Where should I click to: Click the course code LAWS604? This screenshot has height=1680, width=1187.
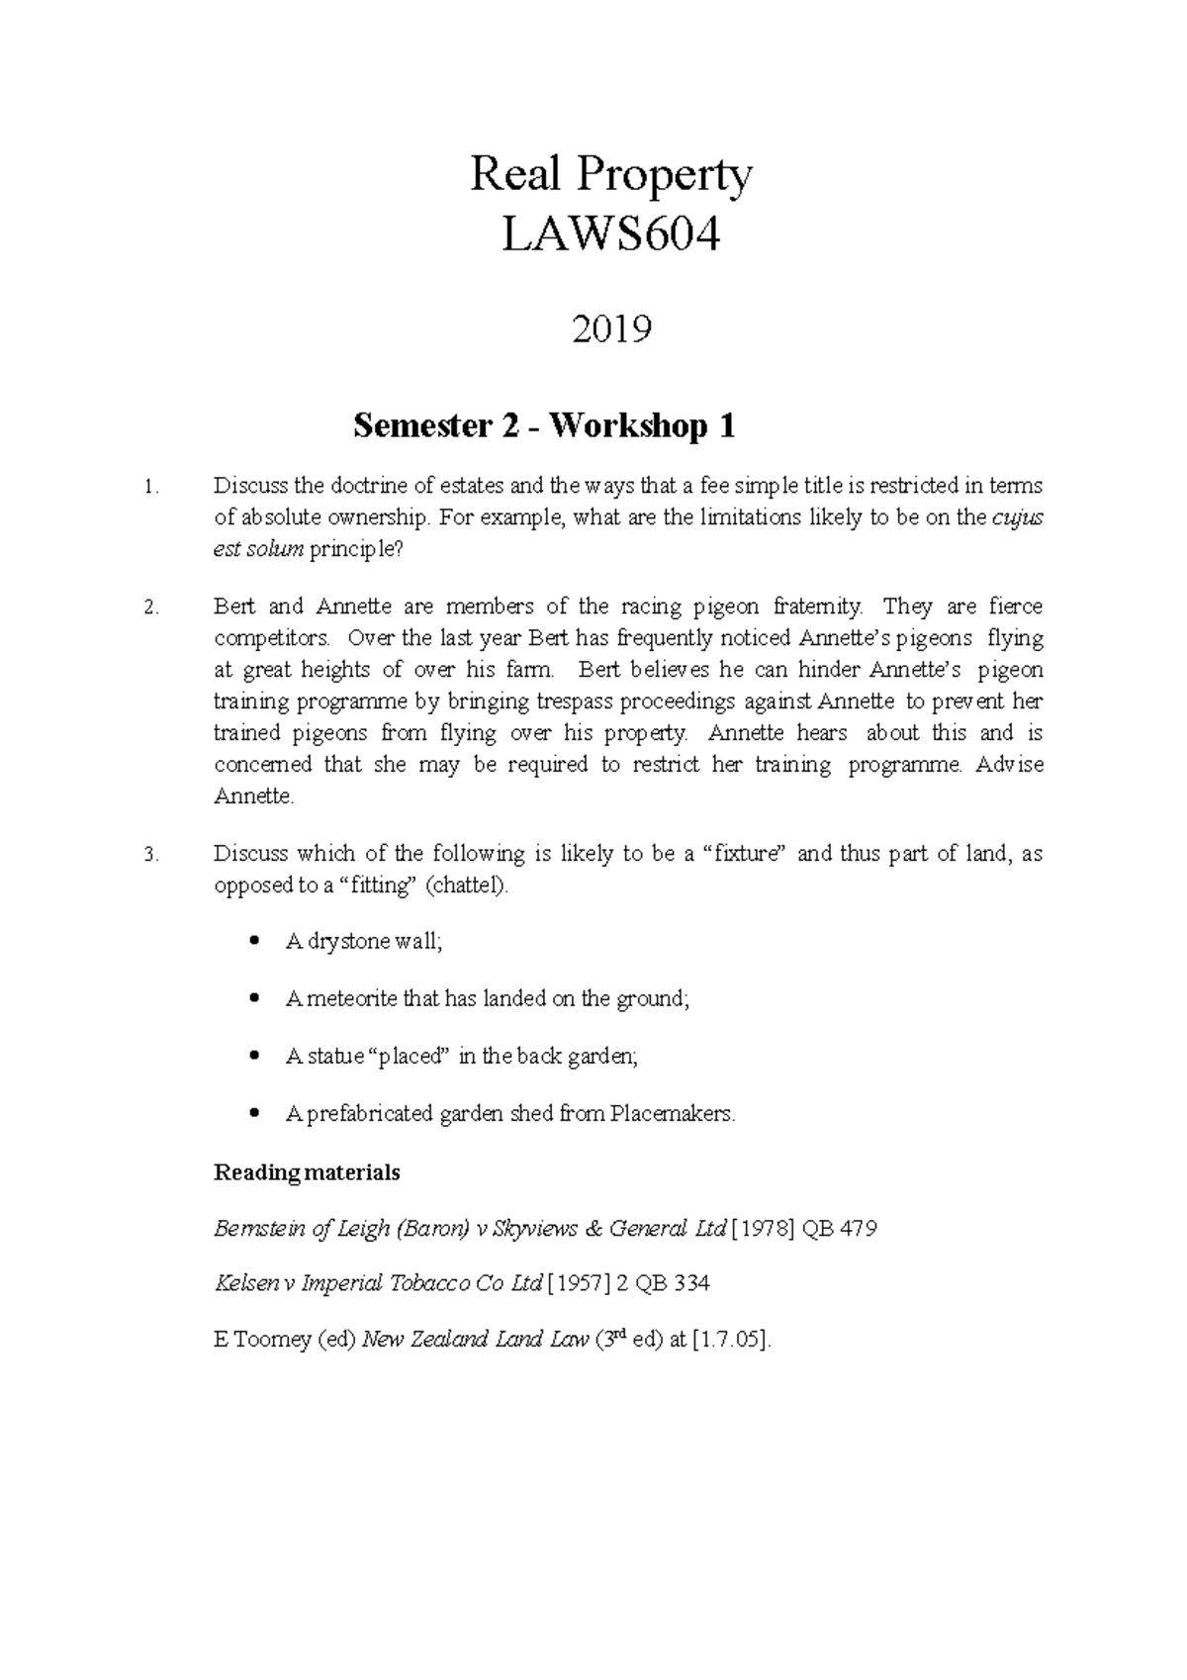click(x=610, y=236)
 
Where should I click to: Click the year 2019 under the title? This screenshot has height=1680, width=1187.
click(x=611, y=328)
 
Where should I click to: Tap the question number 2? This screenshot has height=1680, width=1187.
click(x=150, y=608)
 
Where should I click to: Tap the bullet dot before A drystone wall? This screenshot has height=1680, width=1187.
click(x=256, y=941)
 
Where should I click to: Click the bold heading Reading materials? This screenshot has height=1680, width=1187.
click(x=307, y=1172)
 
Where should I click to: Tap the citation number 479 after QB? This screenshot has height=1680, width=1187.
click(x=857, y=1229)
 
